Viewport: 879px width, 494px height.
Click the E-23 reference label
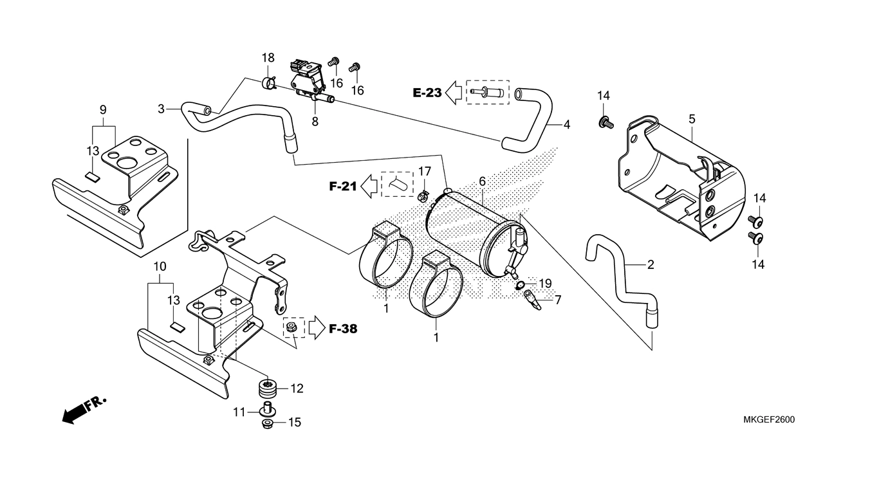click(427, 93)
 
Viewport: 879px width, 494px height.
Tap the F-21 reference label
click(342, 187)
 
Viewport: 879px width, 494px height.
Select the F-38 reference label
click(342, 329)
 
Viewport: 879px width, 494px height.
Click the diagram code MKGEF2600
click(768, 420)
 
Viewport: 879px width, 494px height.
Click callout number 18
click(268, 60)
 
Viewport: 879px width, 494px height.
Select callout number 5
click(692, 119)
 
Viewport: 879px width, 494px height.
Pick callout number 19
click(545, 283)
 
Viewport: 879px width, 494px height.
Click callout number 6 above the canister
click(482, 182)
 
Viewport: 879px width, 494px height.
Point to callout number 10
click(160, 266)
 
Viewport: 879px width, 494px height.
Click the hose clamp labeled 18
click(269, 82)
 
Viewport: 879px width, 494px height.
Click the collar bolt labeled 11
click(267, 409)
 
